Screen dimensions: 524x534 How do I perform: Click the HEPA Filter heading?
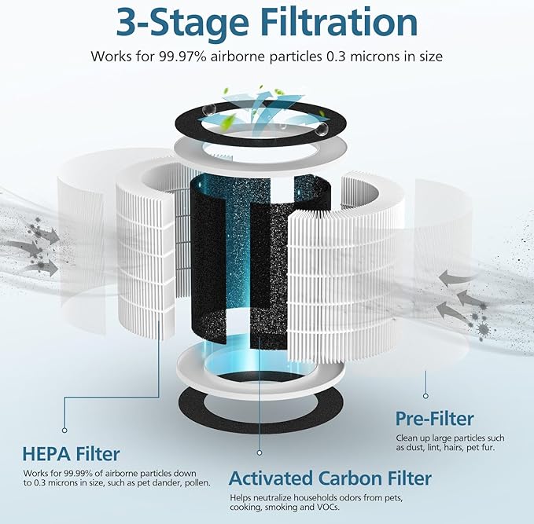[71, 453]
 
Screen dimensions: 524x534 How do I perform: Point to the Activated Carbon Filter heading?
[330, 478]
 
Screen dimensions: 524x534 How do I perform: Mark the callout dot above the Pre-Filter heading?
[425, 396]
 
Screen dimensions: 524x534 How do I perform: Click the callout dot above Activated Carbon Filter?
[260, 453]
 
